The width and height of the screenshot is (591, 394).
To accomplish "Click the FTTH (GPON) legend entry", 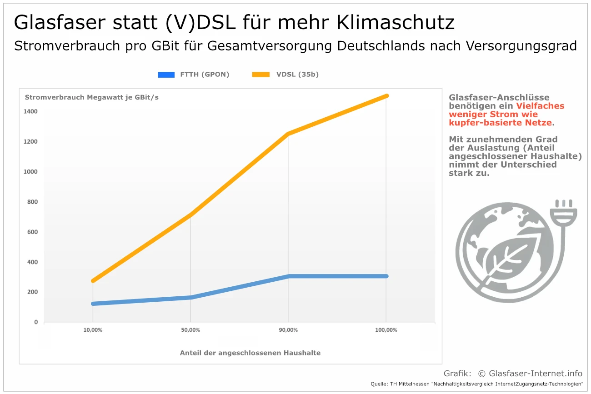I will pyautogui.click(x=194, y=75).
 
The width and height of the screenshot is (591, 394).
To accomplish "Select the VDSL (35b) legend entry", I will pyautogui.click(x=285, y=75).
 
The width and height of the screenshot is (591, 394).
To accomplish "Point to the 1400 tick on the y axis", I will pyautogui.click(x=31, y=111).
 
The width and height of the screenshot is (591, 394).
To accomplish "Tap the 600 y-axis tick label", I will pyautogui.click(x=31, y=232).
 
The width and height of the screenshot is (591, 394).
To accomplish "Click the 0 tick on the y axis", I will pyautogui.click(x=35, y=322).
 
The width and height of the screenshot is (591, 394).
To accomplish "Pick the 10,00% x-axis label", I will pyautogui.click(x=93, y=330).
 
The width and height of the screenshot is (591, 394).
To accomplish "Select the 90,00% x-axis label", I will pyautogui.click(x=288, y=330).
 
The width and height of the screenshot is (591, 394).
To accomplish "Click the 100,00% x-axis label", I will pyautogui.click(x=386, y=330).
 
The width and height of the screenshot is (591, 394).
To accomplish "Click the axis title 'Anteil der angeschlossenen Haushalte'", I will pyautogui.click(x=250, y=353).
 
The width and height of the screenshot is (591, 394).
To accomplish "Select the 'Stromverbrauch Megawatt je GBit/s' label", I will pyautogui.click(x=92, y=97).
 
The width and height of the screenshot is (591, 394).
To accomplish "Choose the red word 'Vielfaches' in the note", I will pyautogui.click(x=540, y=106).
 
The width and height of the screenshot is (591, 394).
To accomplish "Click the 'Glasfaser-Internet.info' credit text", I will pyautogui.click(x=536, y=374).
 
